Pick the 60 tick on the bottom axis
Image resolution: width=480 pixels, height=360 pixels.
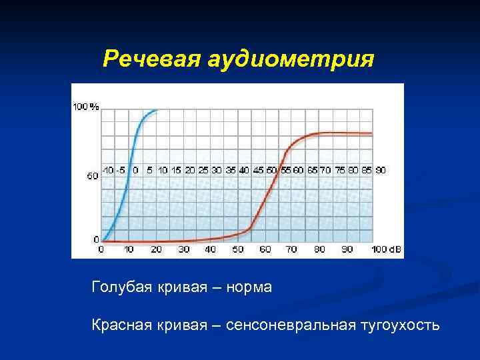[x=265, y=249]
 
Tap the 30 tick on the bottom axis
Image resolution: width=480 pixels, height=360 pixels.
[x=183, y=249]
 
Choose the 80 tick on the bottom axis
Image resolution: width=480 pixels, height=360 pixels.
[x=319, y=249]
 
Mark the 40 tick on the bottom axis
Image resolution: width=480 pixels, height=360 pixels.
[x=211, y=249]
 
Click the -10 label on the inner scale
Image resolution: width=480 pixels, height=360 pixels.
[x=107, y=171]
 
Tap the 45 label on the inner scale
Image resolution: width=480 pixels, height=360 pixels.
[x=258, y=171]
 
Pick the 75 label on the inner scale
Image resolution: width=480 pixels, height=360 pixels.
[x=339, y=171]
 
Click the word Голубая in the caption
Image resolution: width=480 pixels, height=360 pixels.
[x=117, y=288]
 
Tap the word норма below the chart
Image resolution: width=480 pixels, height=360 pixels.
[x=249, y=288]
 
